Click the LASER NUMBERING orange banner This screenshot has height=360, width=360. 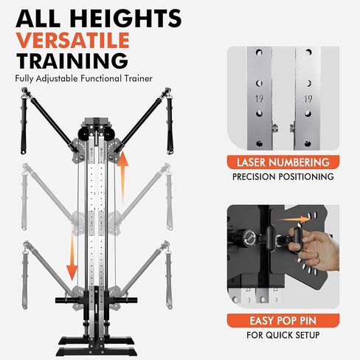pos(284,162)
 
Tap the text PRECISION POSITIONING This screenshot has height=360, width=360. pos(284,177)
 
